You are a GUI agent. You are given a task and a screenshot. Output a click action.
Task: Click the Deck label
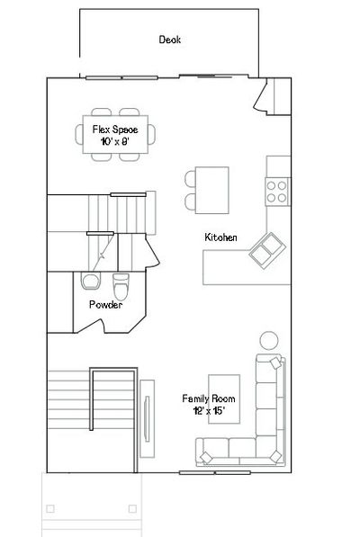click(169, 40)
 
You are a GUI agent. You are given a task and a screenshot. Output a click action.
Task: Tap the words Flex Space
click(115, 130)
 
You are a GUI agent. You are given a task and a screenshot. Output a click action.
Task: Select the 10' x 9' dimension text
click(115, 141)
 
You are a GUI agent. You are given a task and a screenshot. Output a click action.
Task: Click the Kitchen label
click(220, 237)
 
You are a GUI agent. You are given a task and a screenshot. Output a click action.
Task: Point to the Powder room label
click(105, 304)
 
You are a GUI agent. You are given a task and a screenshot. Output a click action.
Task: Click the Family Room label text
click(209, 398)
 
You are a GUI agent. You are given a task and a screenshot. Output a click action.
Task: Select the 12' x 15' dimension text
click(209, 410)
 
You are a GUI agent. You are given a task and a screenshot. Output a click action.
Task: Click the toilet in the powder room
click(121, 287)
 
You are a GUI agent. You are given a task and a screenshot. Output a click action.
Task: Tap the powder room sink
click(91, 281)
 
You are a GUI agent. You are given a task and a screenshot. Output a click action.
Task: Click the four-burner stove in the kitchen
click(277, 192)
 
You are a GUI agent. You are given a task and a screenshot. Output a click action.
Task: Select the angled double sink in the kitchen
click(267, 251)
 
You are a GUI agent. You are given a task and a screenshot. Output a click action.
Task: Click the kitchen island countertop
click(212, 190)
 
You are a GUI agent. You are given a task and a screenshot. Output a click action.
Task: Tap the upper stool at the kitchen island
click(190, 179)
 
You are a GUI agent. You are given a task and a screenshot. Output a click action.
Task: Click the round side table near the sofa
click(269, 340)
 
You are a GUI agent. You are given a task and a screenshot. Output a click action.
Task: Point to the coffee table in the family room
click(224, 399)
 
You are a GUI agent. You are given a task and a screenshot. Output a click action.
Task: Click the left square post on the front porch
click(50, 508)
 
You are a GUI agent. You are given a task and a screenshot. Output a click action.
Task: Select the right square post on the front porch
click(132, 508)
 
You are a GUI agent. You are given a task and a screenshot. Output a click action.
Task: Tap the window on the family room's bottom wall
click(215, 473)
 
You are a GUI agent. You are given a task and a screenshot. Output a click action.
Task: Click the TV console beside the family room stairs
click(147, 418)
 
